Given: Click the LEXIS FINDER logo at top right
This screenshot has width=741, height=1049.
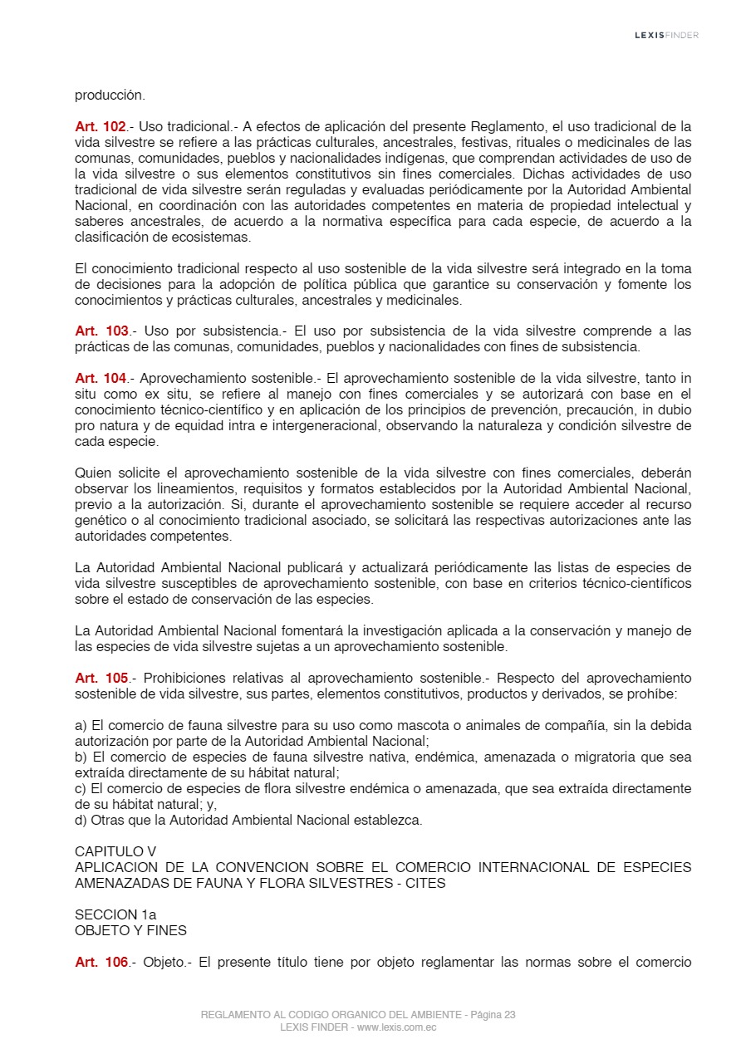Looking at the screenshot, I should click(x=666, y=35).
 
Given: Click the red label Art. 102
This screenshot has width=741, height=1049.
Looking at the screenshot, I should click(x=101, y=127).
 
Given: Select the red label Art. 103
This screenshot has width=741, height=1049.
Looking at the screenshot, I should click(x=101, y=331).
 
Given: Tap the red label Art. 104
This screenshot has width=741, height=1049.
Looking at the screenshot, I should click(x=101, y=379).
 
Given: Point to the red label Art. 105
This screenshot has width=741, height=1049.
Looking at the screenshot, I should click(x=101, y=679).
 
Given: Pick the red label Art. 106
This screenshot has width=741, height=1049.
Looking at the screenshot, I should click(x=101, y=962).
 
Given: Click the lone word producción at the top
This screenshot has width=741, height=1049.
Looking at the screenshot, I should click(x=110, y=95).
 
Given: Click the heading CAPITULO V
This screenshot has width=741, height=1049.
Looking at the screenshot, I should click(x=115, y=851).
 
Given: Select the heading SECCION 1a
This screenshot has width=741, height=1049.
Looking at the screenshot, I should click(x=115, y=914).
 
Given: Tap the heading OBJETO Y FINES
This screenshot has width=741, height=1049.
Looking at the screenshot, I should click(x=130, y=930).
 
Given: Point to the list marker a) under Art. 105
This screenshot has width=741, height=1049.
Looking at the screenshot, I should click(x=81, y=726).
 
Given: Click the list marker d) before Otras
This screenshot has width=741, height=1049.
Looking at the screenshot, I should click(x=81, y=821).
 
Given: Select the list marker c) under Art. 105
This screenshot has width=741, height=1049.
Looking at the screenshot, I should click(x=81, y=789).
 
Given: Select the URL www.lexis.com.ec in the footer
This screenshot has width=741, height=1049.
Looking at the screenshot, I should click(x=396, y=1027).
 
